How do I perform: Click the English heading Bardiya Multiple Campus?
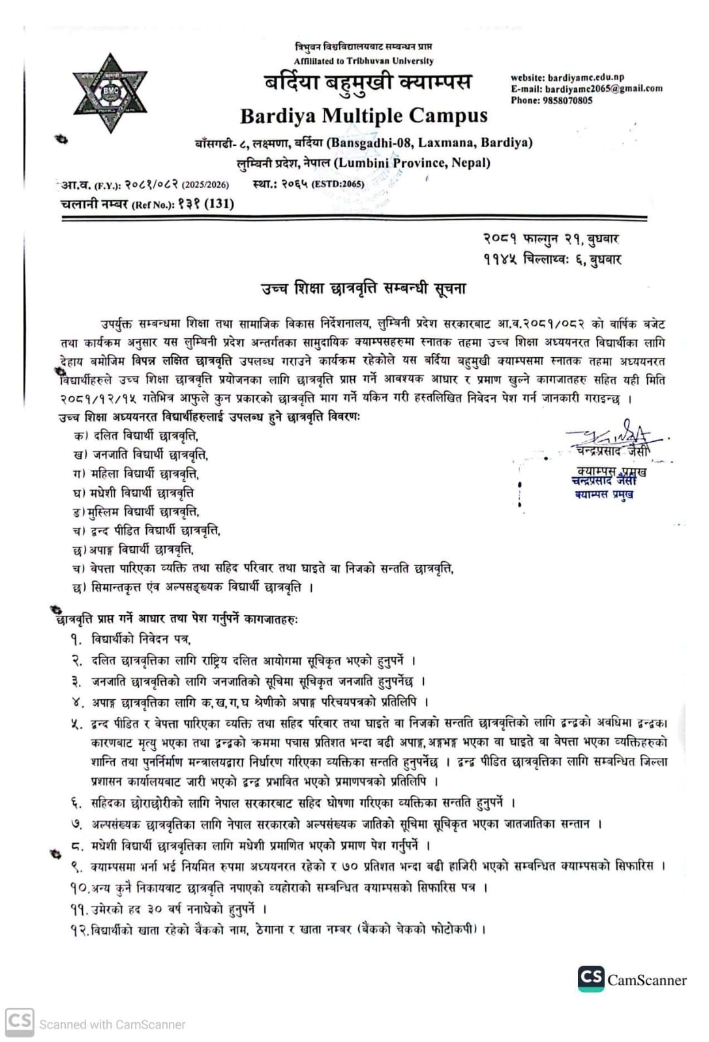pyautogui.click(x=363, y=116)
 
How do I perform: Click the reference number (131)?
pyautogui.click(x=219, y=203)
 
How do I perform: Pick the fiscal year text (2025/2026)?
pyautogui.click(x=205, y=184)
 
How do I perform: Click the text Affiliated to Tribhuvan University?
pyautogui.click(x=363, y=61)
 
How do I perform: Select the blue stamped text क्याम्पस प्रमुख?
pyautogui.click(x=604, y=495)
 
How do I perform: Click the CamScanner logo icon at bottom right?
pyautogui.click(x=591, y=978)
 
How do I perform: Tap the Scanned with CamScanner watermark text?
pyautogui.click(x=112, y=1024)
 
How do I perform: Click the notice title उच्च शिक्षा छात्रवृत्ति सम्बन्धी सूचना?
pyautogui.click(x=363, y=288)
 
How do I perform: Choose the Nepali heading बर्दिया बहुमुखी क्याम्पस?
pyautogui.click(x=367, y=83)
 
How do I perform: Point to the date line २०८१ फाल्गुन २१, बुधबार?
pyautogui.click(x=552, y=239)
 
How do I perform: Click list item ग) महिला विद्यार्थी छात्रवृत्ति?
pyautogui.click(x=136, y=474)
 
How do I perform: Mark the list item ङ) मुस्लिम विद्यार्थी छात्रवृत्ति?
pyautogui.click(x=136, y=512)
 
